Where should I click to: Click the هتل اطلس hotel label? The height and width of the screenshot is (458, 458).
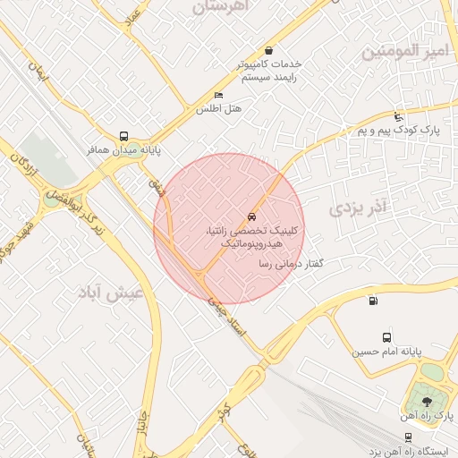click(219, 109)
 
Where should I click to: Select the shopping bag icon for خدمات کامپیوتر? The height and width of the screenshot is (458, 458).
click(269, 51)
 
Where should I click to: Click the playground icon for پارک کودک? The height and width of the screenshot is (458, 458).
click(398, 117)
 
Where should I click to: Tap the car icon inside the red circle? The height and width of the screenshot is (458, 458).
click(251, 217)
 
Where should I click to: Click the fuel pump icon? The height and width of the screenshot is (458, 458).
click(372, 300)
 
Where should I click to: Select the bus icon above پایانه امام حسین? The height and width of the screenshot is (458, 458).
click(386, 337)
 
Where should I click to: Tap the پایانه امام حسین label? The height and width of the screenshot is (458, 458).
click(384, 352)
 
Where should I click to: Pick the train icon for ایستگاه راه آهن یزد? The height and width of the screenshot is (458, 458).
click(408, 437)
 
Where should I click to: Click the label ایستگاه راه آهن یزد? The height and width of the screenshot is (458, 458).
click(406, 451)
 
